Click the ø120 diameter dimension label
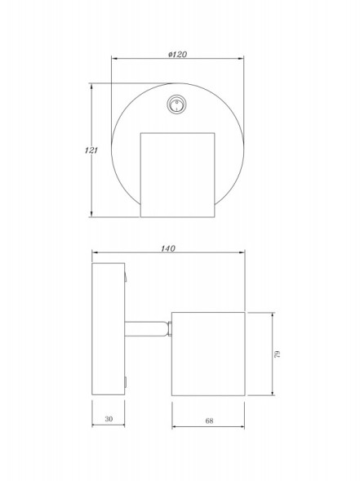tap(177, 54)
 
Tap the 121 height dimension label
tap(91, 150)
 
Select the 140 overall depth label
tap(168, 248)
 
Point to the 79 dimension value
tap(278, 354)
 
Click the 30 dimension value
tap(109, 419)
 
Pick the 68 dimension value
tap(209, 421)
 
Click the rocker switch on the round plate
tap(176, 105)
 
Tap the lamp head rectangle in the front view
tap(177, 175)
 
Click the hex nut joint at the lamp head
tap(170, 328)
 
